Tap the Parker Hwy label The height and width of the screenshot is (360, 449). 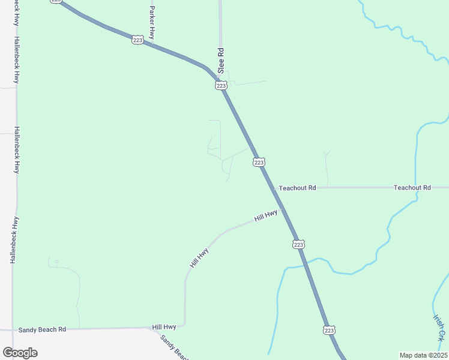[152, 25]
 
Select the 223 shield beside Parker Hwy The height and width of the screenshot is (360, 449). [137, 40]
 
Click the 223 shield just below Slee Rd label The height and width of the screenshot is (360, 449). [221, 86]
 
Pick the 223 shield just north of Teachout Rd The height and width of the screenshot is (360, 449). [259, 162]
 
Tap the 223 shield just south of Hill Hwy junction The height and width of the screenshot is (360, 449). [299, 244]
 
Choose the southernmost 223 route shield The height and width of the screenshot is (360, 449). [329, 330]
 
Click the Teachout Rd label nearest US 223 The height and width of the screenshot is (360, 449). [297, 188]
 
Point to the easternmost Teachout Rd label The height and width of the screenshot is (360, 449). [412, 188]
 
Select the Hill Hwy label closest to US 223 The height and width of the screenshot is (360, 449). [266, 215]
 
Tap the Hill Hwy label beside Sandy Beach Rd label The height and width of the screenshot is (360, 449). [164, 327]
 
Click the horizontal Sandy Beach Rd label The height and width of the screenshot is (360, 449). [41, 329]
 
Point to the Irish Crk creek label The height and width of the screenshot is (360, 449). [440, 327]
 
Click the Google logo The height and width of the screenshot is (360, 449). [20, 353]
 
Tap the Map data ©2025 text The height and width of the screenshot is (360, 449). [423, 355]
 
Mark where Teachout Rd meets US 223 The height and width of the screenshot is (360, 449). [273, 188]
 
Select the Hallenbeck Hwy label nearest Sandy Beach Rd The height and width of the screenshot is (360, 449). [13, 240]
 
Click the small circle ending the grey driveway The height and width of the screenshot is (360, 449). [56, 262]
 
